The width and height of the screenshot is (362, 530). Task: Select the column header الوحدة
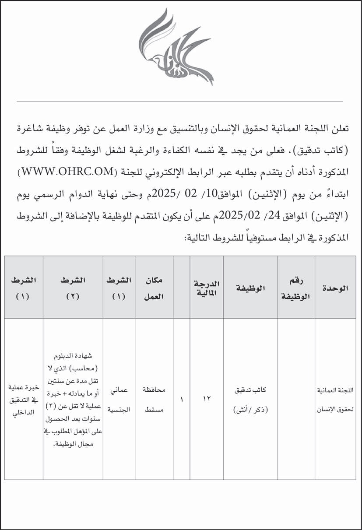click(x=335, y=288)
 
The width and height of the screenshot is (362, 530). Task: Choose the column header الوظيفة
click(x=250, y=288)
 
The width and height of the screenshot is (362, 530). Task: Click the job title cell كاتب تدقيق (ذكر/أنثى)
click(x=250, y=399)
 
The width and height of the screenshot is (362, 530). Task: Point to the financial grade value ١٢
click(x=207, y=399)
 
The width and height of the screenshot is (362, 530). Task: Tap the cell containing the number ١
click(x=182, y=399)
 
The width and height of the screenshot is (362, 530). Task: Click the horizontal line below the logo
click(x=181, y=102)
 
